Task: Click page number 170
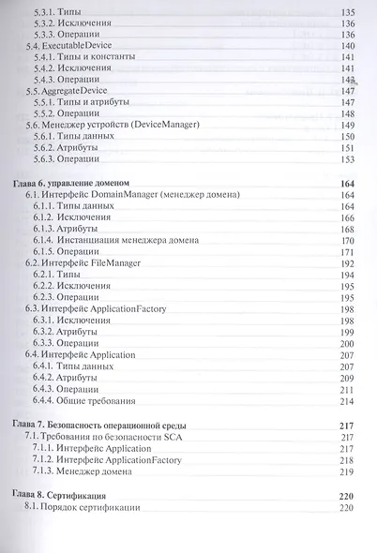(346, 240)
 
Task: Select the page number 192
(346, 264)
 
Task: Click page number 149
(346, 125)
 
